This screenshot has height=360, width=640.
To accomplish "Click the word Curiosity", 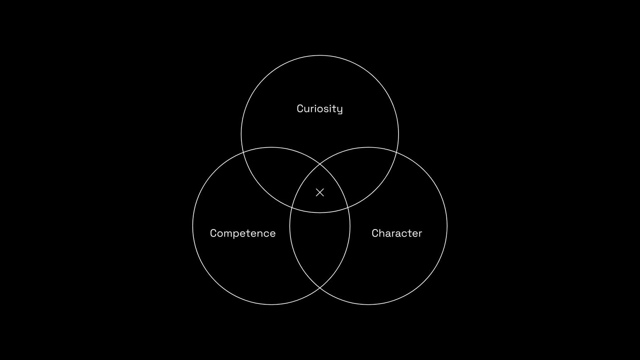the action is [x=320, y=108].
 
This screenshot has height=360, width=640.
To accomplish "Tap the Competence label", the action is [x=243, y=233].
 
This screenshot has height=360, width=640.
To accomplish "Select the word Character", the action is [x=396, y=233].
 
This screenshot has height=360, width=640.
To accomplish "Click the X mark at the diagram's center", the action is [x=320, y=192].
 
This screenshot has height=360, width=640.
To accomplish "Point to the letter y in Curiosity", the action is [x=340, y=109].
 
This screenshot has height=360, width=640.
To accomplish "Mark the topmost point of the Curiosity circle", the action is [x=320, y=55].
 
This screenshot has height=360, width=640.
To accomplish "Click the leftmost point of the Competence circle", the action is [x=193, y=226].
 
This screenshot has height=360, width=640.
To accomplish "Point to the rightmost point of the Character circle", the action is [x=447, y=226].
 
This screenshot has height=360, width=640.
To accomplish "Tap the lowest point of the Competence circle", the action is [x=271, y=305].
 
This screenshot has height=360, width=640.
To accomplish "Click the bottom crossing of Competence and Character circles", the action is [x=320, y=288].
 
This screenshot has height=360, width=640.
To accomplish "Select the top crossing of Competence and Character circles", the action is [x=320, y=164].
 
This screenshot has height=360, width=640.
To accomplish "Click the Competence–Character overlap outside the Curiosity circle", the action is [x=320, y=245].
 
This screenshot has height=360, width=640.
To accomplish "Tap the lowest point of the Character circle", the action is [x=368, y=305].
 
